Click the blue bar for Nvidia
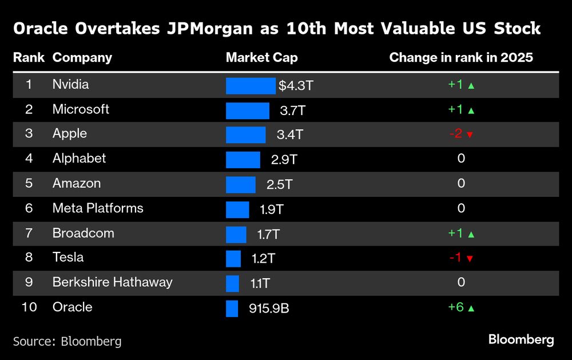(251, 85)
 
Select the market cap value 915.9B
(269, 308)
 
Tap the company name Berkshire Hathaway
(112, 282)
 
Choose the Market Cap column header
(261, 57)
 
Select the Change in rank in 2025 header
(461, 57)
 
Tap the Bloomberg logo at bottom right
(521, 339)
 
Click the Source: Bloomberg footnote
(67, 341)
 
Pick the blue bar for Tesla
(233, 259)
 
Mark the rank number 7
(29, 233)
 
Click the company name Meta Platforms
(98, 208)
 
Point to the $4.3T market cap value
(296, 86)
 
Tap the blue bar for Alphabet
(243, 160)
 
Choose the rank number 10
(29, 307)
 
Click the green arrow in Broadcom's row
(471, 234)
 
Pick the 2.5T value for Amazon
(280, 184)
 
